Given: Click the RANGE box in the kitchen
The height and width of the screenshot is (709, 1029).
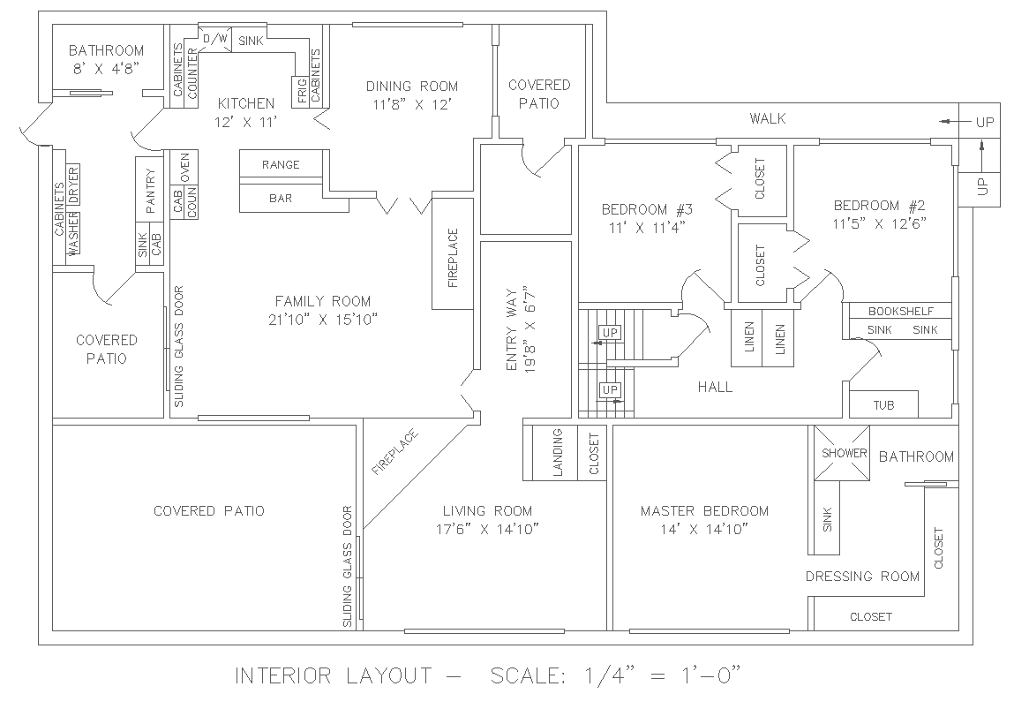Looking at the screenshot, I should tap(282, 164).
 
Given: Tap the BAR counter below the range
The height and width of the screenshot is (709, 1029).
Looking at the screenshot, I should tap(282, 198).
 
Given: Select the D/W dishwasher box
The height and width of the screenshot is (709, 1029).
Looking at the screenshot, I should tap(214, 40).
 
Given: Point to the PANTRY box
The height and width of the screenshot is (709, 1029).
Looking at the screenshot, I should tap(150, 192).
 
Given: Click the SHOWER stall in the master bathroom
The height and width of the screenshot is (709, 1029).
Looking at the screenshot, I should tap(845, 453).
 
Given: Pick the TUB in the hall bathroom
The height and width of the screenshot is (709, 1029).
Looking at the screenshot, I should tap(883, 405).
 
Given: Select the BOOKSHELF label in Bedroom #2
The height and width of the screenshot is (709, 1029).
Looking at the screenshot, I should tap(897, 311).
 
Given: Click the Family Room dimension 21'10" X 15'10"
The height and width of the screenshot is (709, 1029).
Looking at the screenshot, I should tap(322, 319).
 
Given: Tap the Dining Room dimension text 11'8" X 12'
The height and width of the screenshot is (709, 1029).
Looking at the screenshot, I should tap(412, 103).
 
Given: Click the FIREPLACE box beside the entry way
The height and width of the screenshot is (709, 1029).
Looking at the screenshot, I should tap(453, 258).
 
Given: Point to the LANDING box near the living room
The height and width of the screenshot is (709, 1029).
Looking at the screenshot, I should tap(558, 453).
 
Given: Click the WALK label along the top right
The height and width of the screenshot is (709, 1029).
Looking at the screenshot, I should tap(767, 118).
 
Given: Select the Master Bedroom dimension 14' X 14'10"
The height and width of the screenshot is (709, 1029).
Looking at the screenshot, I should tap(704, 529).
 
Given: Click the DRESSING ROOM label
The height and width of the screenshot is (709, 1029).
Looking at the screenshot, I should tap(862, 577).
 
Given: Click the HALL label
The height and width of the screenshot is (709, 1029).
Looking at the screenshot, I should tap(715, 387).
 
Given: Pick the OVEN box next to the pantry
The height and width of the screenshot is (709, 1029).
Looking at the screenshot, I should tap(184, 166).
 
